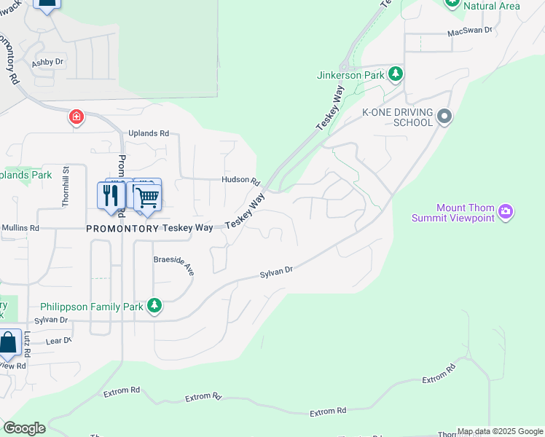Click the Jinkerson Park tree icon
coord(396,74)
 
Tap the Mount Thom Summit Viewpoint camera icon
coord(506,213)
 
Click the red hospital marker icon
coord(76,117)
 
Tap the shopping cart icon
coord(147,196)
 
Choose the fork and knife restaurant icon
coord(111,196)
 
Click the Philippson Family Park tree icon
coord(154,306)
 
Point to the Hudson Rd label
coord(240,181)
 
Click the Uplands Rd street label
coord(149,134)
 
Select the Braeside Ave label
coord(174,266)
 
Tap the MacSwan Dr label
coord(470,31)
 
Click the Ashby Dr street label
coord(47,63)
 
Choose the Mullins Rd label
coord(20,228)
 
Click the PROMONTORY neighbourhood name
coord(122,228)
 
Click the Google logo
coord(24,428)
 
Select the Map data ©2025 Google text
coord(500,431)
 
